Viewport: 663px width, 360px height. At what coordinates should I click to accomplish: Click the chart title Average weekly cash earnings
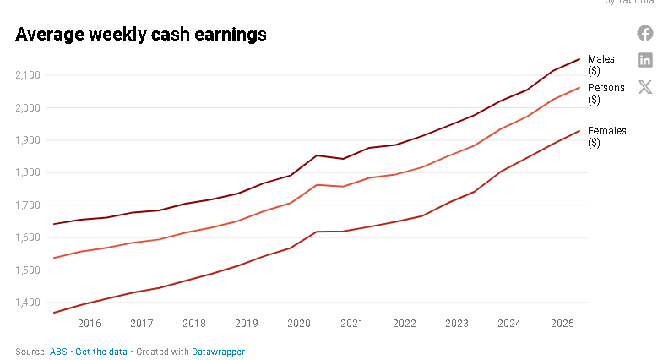click(x=141, y=35)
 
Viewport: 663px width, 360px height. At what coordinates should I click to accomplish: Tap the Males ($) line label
click(x=601, y=64)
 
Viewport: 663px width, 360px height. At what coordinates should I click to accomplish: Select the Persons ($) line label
click(x=606, y=93)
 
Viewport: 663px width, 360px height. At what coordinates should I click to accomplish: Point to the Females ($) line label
click(x=606, y=136)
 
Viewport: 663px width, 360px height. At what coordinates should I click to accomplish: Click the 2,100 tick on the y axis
click(x=28, y=75)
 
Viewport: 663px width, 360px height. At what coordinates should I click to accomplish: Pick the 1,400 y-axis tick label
click(x=28, y=303)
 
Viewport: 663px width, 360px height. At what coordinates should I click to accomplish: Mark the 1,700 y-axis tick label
click(x=28, y=205)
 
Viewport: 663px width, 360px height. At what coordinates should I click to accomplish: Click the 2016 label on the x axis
click(x=89, y=323)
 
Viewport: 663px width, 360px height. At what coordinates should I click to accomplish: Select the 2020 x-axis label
click(x=299, y=323)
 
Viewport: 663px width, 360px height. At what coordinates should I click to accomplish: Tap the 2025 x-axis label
click(x=562, y=323)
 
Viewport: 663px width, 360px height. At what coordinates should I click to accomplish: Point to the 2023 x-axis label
click(x=457, y=323)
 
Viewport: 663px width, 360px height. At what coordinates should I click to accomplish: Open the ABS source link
click(x=58, y=351)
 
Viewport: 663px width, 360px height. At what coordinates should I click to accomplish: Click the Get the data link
click(x=101, y=351)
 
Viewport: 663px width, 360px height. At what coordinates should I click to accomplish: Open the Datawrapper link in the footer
click(x=218, y=351)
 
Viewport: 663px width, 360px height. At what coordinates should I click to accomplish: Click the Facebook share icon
click(x=645, y=33)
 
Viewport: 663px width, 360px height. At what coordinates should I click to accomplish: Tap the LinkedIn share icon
click(x=645, y=60)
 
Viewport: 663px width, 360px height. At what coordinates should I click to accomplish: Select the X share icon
click(x=645, y=87)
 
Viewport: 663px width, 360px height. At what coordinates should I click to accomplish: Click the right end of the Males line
click(x=579, y=59)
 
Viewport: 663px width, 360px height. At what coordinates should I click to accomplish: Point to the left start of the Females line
click(x=53, y=313)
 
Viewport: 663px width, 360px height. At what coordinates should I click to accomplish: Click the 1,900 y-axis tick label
click(x=28, y=140)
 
